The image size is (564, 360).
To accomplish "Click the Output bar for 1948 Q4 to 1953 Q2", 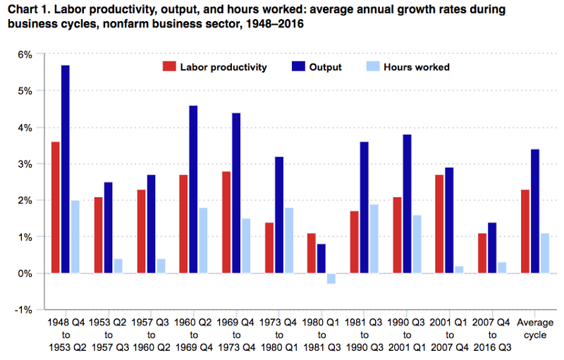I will click(66, 169).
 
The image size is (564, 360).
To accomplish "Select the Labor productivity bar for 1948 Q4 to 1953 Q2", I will click(55, 207).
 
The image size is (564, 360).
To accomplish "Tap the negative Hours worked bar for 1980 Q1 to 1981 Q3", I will click(331, 278).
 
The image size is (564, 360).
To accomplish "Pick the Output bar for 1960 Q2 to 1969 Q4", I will click(193, 190).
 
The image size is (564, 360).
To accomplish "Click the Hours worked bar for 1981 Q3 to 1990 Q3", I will click(374, 239).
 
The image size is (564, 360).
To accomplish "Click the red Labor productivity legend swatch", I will click(169, 67).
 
